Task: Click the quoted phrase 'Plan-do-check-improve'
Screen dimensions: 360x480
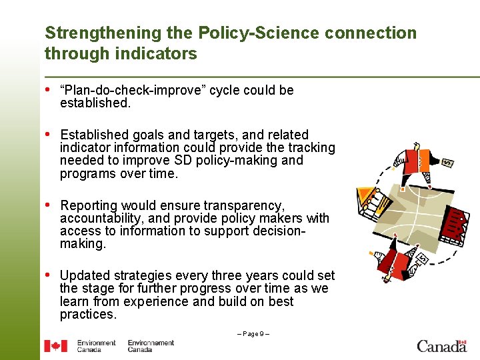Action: coord(133,90)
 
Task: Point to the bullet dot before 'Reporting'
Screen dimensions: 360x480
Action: coord(49,205)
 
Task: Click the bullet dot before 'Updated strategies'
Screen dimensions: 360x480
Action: coord(49,275)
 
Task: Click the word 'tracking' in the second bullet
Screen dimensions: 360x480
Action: coord(311,147)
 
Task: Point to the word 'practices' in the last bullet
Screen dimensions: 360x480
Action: coord(87,314)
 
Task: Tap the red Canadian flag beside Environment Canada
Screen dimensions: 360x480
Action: coord(55,345)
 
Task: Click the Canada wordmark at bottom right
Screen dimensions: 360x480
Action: coord(441,345)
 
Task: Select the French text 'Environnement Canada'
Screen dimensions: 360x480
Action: coord(151,345)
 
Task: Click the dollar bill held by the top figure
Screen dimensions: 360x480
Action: coord(448,163)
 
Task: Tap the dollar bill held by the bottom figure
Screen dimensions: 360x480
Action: coord(421,257)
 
